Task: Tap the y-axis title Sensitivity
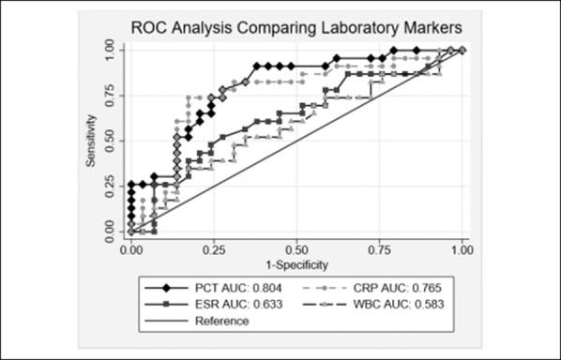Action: click(92, 141)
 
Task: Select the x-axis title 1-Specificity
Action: click(296, 264)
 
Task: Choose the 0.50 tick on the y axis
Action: click(110, 141)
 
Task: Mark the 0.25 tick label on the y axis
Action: click(110, 186)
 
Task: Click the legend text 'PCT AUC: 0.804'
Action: click(238, 288)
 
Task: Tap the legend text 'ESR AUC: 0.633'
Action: click(238, 305)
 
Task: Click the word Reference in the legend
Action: click(222, 322)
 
